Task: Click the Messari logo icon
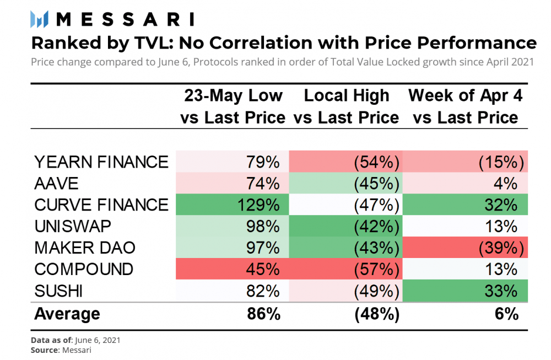point(41,19)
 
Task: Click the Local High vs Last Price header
point(346,106)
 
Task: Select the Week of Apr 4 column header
point(465,106)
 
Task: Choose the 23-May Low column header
point(234,106)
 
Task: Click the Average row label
point(67,314)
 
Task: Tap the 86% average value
point(264,314)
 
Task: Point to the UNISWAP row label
point(72,226)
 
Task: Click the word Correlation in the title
point(259,42)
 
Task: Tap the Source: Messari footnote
point(61,350)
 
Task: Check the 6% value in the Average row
point(507,314)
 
